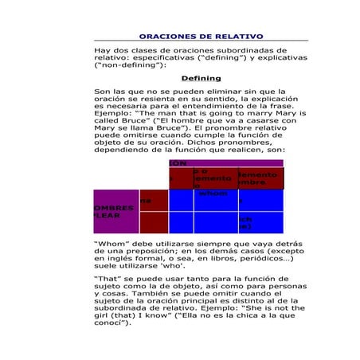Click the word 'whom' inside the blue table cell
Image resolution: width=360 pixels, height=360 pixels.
213,193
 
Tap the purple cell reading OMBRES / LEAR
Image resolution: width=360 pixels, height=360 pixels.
115,211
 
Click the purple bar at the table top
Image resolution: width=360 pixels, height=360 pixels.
226,162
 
